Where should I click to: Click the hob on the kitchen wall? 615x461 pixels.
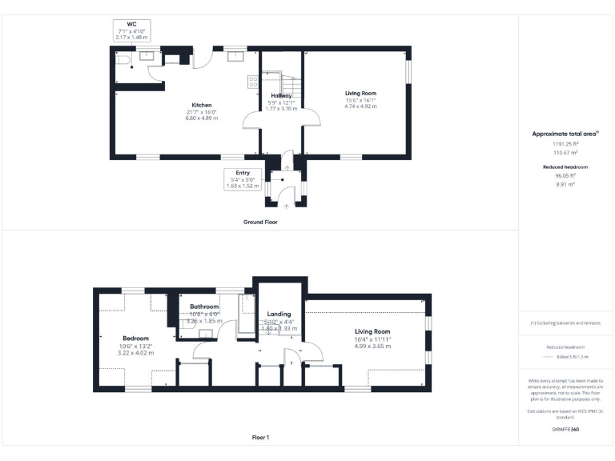(x=253, y=80)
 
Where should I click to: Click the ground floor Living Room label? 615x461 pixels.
(x=360, y=93)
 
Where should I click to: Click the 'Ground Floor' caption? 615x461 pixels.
(x=260, y=220)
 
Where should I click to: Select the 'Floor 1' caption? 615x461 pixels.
(x=260, y=438)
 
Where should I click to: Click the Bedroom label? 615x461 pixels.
(x=135, y=339)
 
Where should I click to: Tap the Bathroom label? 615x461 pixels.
(x=204, y=307)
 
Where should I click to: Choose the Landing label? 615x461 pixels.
(x=279, y=315)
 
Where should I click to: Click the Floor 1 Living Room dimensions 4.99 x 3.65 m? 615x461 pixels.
(x=373, y=346)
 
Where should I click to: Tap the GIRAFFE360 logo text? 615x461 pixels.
(x=565, y=430)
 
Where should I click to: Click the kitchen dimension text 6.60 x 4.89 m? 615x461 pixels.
(x=201, y=118)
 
